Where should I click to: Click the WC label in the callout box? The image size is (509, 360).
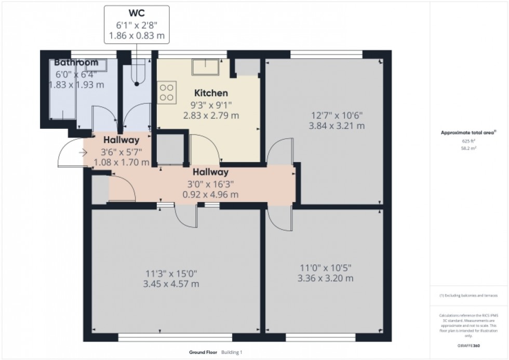pyautogui.click(x=137, y=13)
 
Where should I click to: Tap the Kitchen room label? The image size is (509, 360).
pyautogui.click(x=211, y=94)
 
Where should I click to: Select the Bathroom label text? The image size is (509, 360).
pyautogui.click(x=76, y=62)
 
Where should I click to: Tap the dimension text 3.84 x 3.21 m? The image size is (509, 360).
pyautogui.click(x=337, y=126)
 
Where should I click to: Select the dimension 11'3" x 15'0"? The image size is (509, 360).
pyautogui.click(x=172, y=274)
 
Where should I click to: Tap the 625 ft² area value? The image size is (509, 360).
pyautogui.click(x=468, y=141)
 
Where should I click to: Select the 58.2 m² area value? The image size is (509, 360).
pyautogui.click(x=468, y=148)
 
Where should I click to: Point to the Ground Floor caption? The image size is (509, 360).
pyautogui.click(x=204, y=352)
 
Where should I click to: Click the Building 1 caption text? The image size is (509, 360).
pyautogui.click(x=232, y=352)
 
